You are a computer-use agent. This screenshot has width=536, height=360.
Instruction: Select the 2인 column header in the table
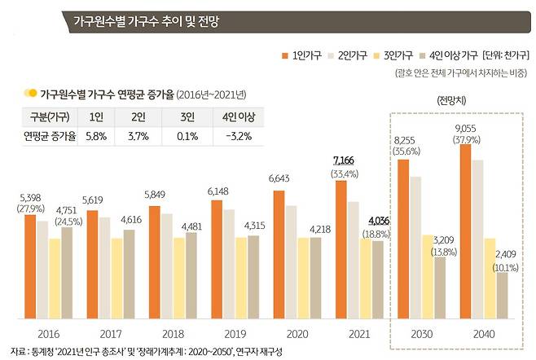click(x=140, y=116)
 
